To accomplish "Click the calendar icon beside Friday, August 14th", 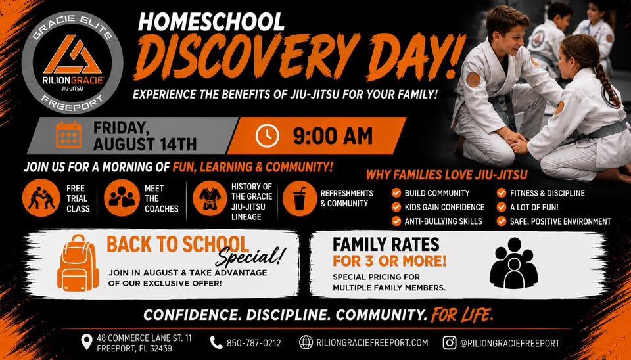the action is (x=69, y=135).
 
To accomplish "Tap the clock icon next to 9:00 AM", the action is (x=268, y=135).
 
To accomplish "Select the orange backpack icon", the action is (x=78, y=263).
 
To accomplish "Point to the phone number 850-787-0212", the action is (x=254, y=343).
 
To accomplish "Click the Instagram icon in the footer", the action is (x=450, y=343).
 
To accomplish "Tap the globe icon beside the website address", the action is (x=306, y=343).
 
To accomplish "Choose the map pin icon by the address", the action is (x=87, y=342).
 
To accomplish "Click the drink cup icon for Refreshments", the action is (x=300, y=198).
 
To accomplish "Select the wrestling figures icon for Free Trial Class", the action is (x=41, y=198).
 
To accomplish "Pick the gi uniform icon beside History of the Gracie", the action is (x=210, y=198).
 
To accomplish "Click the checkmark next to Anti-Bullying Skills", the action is (x=396, y=221).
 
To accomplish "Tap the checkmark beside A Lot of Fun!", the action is (x=502, y=207).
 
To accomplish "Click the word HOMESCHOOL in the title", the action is (x=211, y=22).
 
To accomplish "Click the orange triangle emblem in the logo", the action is (x=72, y=55).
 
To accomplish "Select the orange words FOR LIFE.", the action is (x=462, y=314).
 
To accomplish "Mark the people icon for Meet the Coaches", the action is (x=122, y=198).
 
